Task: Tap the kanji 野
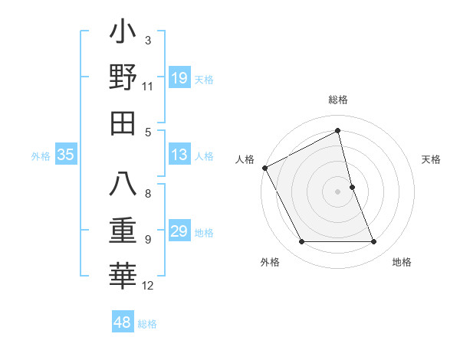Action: pos(123,77)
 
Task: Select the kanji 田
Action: pos(123,123)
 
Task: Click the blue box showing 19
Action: pos(179,78)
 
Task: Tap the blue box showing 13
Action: pos(179,155)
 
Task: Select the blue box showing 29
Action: pos(179,232)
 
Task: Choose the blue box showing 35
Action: pos(66,155)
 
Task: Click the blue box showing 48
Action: pos(123,322)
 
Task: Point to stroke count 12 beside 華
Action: pos(148,286)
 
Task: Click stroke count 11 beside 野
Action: pos(148,86)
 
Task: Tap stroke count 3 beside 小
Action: pos(147,40)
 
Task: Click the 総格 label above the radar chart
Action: pos(338,100)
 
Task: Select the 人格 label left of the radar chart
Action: pos(245,159)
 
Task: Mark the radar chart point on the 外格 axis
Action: pos(301,242)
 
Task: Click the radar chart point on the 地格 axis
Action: pos(374,242)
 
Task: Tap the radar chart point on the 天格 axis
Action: pos(352,187)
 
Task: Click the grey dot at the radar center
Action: pos(338,191)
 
